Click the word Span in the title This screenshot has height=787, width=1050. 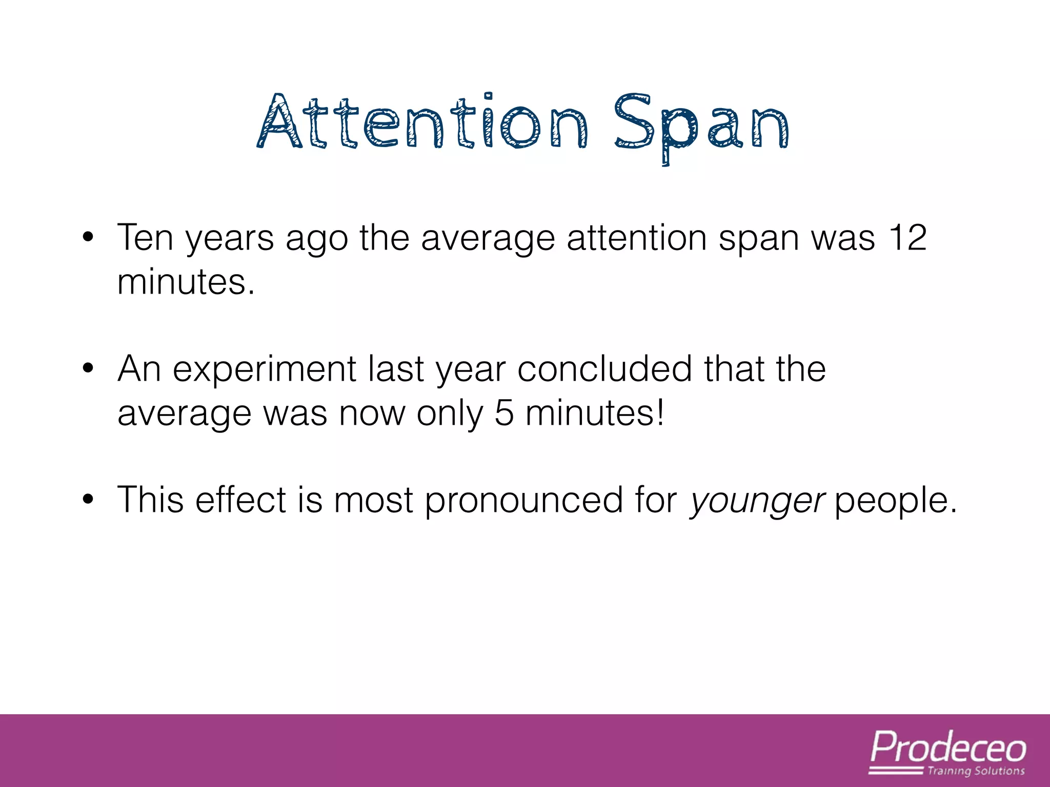pos(701,126)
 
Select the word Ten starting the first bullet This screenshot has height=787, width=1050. pos(145,238)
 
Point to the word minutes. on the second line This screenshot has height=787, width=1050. pos(186,282)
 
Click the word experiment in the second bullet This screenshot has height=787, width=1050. pos(265,369)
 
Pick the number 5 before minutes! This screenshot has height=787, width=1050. pos(504,413)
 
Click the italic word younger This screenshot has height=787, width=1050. pos(757,501)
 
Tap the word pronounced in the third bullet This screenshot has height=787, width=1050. pos(523,500)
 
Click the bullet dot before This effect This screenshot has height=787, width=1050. pos(88,500)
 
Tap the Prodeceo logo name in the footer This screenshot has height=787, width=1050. pos(948,748)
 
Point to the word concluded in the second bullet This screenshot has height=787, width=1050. pos(605,369)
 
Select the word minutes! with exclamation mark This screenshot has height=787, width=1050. pos(595,413)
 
